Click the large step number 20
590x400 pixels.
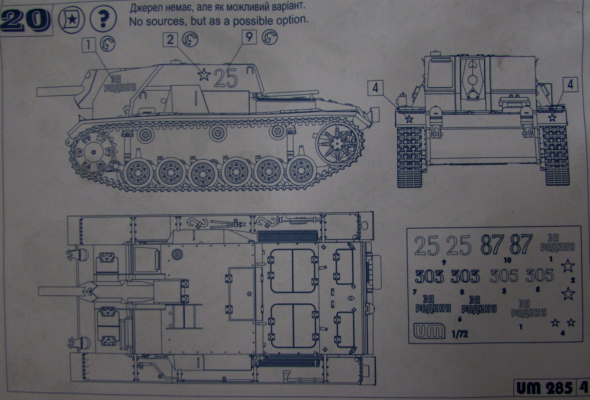pyautogui.click(x=25, y=20)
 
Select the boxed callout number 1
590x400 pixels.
pyautogui.click(x=88, y=45)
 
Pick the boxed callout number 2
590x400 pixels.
pyautogui.click(x=170, y=39)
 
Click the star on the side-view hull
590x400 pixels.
pyautogui.click(x=204, y=75)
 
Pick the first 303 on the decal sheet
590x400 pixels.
pyautogui.click(x=430, y=276)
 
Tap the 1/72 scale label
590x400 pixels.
pyautogui.click(x=459, y=334)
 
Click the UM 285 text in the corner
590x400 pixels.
pyautogui.click(x=544, y=388)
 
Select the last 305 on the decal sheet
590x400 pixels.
pyautogui.click(x=539, y=276)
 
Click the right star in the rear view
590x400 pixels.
pyautogui.click(x=552, y=118)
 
